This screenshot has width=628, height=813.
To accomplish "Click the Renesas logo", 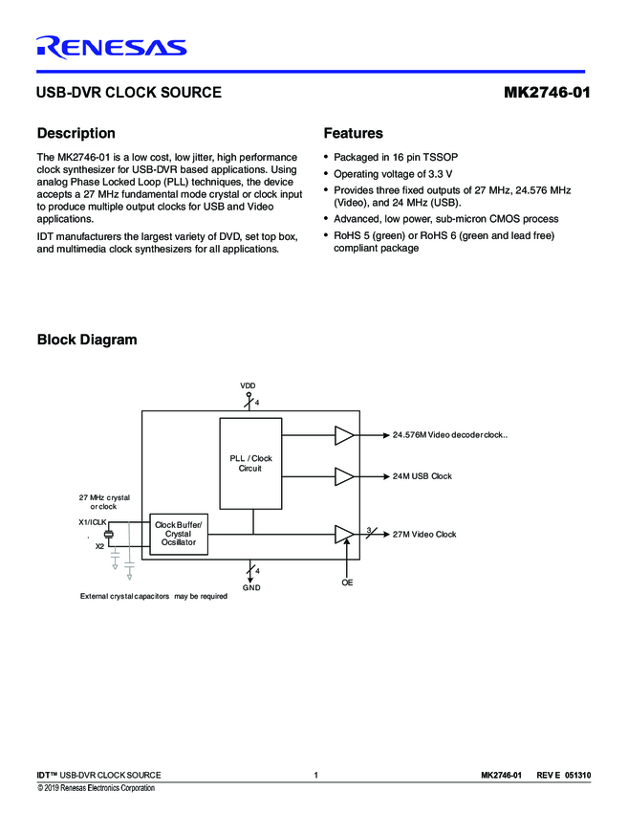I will point(111,47).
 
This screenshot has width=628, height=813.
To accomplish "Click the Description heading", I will point(76,134).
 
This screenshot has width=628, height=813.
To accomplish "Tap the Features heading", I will point(353,134).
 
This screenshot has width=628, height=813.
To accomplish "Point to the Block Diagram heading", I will point(86,340).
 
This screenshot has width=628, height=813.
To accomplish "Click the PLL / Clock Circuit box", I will point(250,463).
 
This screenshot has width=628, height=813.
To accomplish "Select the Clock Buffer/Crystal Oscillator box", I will point(179,534).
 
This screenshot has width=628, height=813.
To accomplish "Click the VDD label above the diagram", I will point(248,385).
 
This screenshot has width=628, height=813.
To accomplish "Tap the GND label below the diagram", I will point(251,586).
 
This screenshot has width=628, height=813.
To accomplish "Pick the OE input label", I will point(347,582).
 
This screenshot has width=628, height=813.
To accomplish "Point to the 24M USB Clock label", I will point(422,475).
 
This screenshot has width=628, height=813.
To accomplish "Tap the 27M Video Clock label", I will point(424,534).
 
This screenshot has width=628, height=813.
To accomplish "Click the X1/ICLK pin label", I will point(92,523).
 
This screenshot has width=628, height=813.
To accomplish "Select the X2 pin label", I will point(99,546).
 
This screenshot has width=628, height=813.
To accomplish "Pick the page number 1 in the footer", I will point(314,774).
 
